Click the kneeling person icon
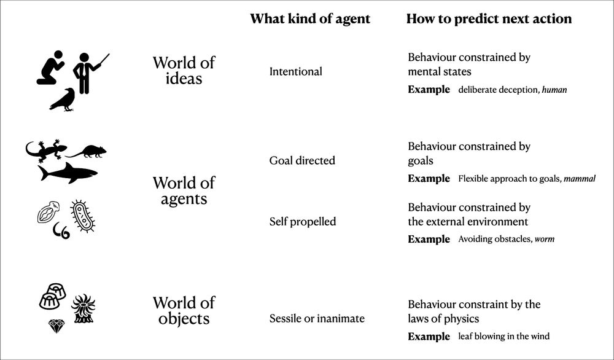(51, 69)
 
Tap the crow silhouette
(63, 100)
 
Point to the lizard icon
(45, 150)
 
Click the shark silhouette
(68, 173)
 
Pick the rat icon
(87, 152)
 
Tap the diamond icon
(56, 326)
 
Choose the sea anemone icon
(84, 308)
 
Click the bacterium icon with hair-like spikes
(83, 216)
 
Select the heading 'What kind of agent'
(310, 19)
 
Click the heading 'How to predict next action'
(489, 19)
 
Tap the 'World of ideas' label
(184, 71)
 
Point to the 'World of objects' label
(184, 311)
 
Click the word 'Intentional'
(296, 72)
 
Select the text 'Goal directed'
(302, 160)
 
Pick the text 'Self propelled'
(303, 222)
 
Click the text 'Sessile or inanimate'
(317, 318)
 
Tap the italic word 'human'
(554, 90)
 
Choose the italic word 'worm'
(545, 239)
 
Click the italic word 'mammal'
(580, 179)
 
